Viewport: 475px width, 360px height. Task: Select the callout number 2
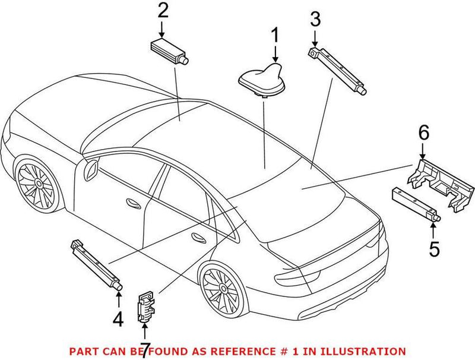coord(163,11)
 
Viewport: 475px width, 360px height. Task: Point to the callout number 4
coord(118,320)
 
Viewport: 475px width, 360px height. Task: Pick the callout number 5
coord(435,249)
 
